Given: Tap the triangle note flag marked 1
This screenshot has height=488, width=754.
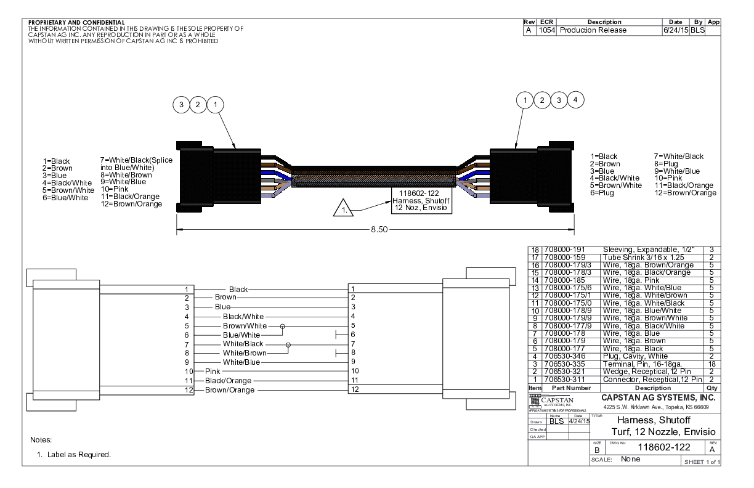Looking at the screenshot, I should (x=340, y=210).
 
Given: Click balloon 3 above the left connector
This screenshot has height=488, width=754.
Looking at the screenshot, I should (x=181, y=105).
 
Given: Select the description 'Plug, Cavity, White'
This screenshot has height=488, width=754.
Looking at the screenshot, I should (x=634, y=356).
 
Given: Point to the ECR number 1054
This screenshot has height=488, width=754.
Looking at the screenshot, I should (x=546, y=30).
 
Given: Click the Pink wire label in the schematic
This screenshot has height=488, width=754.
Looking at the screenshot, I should (x=213, y=371).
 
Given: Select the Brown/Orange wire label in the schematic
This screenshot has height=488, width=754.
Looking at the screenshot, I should (x=229, y=390).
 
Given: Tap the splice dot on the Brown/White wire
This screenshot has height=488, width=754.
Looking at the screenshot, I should (x=283, y=326).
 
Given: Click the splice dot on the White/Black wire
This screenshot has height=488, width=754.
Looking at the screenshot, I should (x=288, y=344).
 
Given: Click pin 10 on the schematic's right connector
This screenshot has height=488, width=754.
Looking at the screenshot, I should (x=355, y=371).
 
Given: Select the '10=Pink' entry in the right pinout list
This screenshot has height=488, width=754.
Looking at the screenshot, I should (x=668, y=179).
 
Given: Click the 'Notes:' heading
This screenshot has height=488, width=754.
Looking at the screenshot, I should (x=41, y=441).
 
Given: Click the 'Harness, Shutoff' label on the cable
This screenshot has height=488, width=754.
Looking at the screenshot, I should (x=416, y=200).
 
